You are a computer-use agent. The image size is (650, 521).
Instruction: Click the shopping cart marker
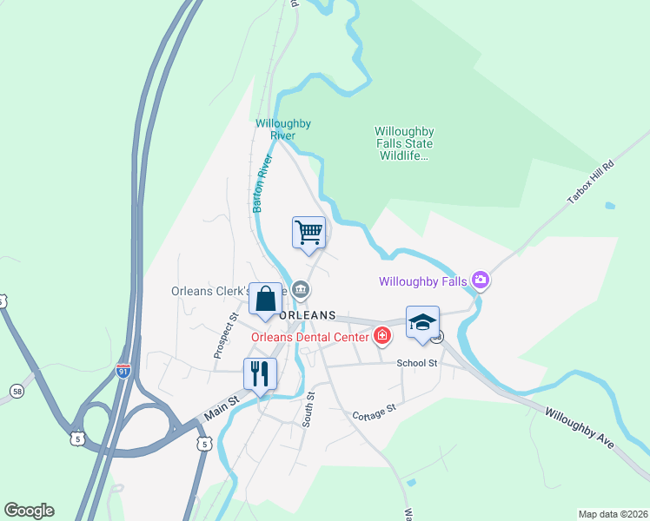(x=308, y=233)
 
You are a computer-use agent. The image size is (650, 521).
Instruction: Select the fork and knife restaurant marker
(x=260, y=374)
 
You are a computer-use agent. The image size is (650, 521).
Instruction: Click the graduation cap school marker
(x=422, y=322)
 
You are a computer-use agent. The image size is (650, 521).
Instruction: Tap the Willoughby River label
(x=283, y=129)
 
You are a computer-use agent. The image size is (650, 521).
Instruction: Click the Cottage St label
(x=374, y=412)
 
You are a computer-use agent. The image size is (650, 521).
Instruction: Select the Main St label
(x=221, y=409)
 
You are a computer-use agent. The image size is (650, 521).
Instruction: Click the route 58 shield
(x=17, y=392)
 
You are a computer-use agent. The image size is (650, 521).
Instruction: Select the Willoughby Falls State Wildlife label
(x=404, y=143)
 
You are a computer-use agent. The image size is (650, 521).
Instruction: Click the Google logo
(x=29, y=511)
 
